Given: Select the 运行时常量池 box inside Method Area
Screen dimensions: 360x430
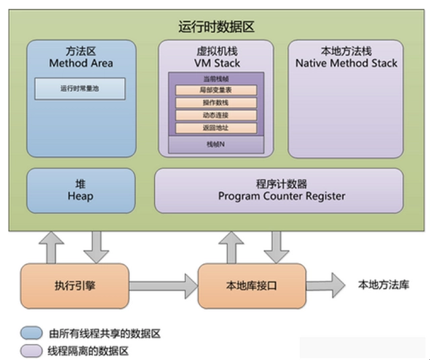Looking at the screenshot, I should pyautogui.click(x=80, y=87).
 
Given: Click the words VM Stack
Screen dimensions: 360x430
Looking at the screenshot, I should pyautogui.click(x=216, y=64).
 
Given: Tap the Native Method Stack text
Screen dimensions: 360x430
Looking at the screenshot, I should pyautogui.click(x=346, y=64).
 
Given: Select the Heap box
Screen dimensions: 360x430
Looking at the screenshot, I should pyautogui.click(x=80, y=190).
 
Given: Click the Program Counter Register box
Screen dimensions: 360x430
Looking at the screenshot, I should pyautogui.click(x=281, y=190).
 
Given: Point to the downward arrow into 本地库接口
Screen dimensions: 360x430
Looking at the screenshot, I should pyautogui.click(x=275, y=247).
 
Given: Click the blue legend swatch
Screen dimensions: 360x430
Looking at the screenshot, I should pyautogui.click(x=30, y=332).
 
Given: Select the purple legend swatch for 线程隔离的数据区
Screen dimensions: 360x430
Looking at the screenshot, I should pyautogui.click(x=30, y=350).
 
